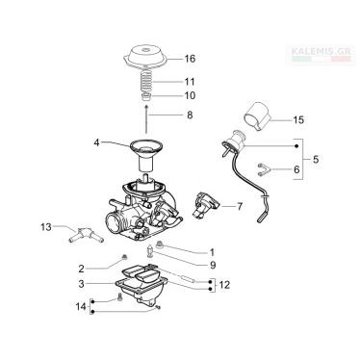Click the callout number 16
tap(190, 59)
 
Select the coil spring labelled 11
tap(146, 82)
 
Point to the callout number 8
tap(190, 115)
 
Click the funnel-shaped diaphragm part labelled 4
tap(146, 155)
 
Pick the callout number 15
tap(298, 120)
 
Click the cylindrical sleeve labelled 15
tap(257, 116)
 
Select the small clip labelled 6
tap(263, 169)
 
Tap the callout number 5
tap(316, 159)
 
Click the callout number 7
tap(240, 206)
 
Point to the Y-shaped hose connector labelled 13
tap(86, 237)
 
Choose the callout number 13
tap(46, 227)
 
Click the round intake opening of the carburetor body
tap(115, 223)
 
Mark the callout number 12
tap(225, 285)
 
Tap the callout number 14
tap(81, 306)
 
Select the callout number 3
tap(81, 284)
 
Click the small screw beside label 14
tap(120, 297)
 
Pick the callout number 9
tap(213, 265)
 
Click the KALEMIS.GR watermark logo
tap(321, 53)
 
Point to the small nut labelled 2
tap(125, 257)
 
